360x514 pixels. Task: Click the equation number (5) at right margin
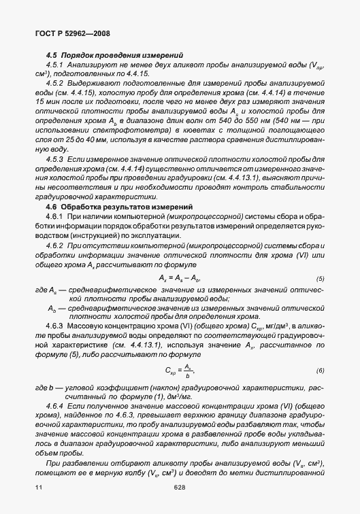pos(320,279)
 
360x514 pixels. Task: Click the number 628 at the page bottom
pos(180,487)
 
